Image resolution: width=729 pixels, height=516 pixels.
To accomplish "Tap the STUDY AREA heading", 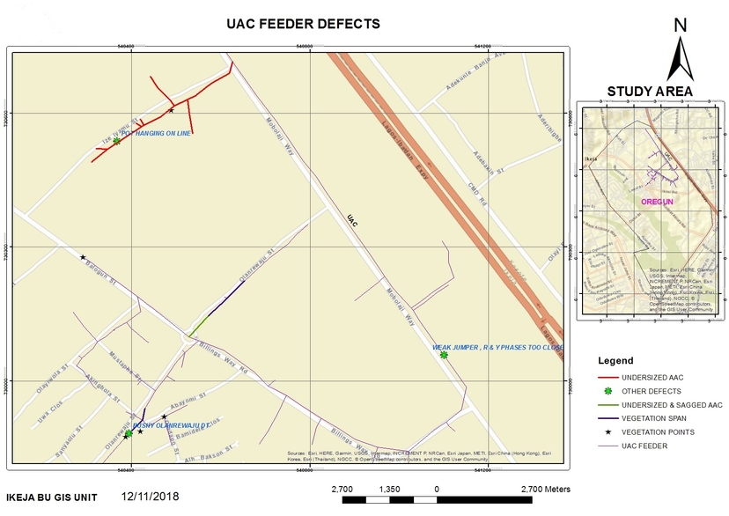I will coord(650,91).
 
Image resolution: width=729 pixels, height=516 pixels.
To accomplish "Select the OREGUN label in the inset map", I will coord(655,202).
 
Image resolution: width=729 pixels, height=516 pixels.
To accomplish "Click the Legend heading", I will coord(615,361).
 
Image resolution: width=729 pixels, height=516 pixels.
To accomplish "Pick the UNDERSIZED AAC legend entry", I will coord(652,377).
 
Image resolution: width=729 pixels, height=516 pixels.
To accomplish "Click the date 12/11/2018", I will coord(150,497).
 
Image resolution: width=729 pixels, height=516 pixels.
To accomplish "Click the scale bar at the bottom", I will coord(437,500).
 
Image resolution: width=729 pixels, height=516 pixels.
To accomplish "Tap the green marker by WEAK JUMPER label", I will coord(444,356).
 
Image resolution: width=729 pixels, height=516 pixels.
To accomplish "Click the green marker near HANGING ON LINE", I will coord(116,141).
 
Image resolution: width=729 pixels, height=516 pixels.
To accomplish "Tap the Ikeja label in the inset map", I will coord(591,160).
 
